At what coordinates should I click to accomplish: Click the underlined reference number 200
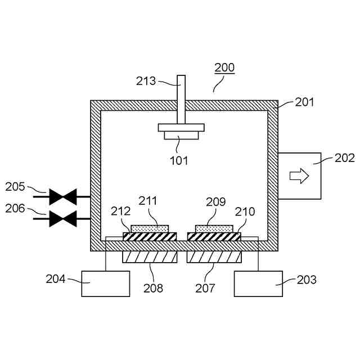tap(224, 68)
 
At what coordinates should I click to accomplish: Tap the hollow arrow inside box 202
tap(299, 176)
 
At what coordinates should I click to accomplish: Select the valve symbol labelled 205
tap(62, 197)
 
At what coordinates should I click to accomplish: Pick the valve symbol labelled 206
tap(62, 218)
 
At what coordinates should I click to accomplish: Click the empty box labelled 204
tap(105, 283)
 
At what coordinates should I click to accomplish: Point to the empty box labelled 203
tap(258, 283)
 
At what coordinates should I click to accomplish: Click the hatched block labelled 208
tap(150, 258)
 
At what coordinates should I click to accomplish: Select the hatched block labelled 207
tap(214, 258)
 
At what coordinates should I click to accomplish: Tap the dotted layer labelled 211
tap(150, 228)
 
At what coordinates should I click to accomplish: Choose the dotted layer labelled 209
tap(214, 228)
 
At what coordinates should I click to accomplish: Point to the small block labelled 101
tap(181, 135)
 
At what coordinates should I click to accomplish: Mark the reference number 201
tap(304, 102)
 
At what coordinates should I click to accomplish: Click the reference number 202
tap(344, 158)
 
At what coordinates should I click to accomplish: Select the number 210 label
tap(245, 211)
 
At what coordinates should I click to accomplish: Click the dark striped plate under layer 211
tap(150, 237)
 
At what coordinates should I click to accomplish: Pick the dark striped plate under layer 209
tap(214, 237)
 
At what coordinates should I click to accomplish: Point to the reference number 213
tap(146, 81)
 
